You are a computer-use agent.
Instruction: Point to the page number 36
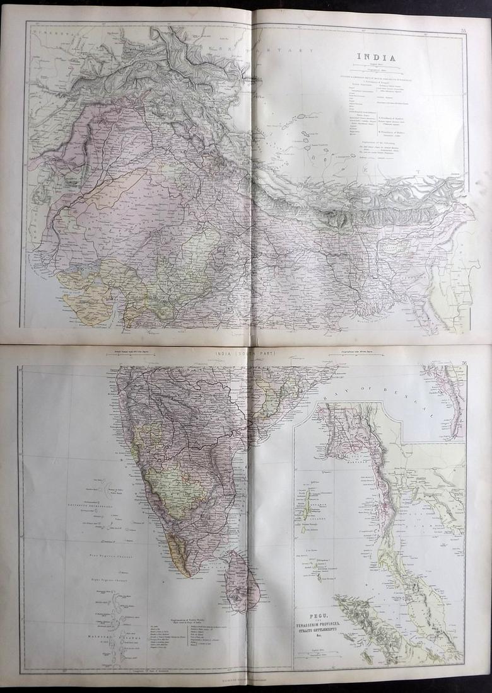pos(464,362)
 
